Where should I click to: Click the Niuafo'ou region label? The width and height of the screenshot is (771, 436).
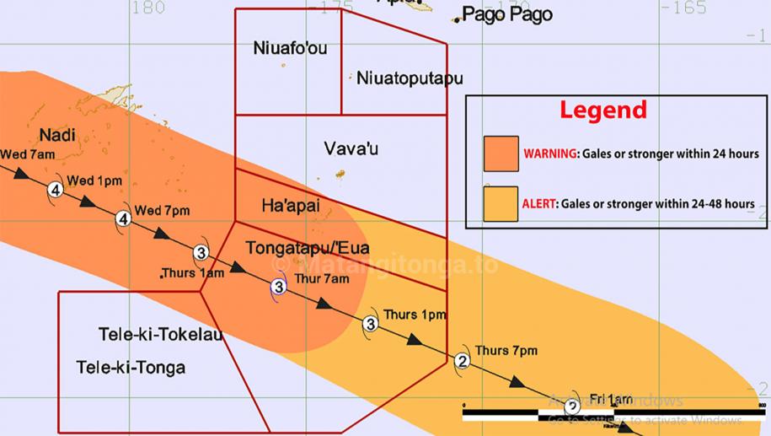[x=290, y=49]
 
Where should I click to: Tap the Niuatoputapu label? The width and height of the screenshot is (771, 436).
[x=410, y=78]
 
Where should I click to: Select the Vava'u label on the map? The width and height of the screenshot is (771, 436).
[x=351, y=148]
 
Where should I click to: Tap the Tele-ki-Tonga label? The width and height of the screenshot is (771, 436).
[x=131, y=368]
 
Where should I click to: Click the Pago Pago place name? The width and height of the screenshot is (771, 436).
[x=507, y=14]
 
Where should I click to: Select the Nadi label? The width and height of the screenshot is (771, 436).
[x=56, y=135]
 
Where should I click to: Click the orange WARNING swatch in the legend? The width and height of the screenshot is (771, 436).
[x=501, y=153]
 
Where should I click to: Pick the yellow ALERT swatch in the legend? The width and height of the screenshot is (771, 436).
[x=501, y=203]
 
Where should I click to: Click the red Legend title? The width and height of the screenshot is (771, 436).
[x=604, y=110]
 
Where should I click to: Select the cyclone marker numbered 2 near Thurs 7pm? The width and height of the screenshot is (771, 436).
[x=462, y=362]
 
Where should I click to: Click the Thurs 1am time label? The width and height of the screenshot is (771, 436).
[x=194, y=273]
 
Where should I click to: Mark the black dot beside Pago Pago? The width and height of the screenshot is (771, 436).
[x=457, y=20]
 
